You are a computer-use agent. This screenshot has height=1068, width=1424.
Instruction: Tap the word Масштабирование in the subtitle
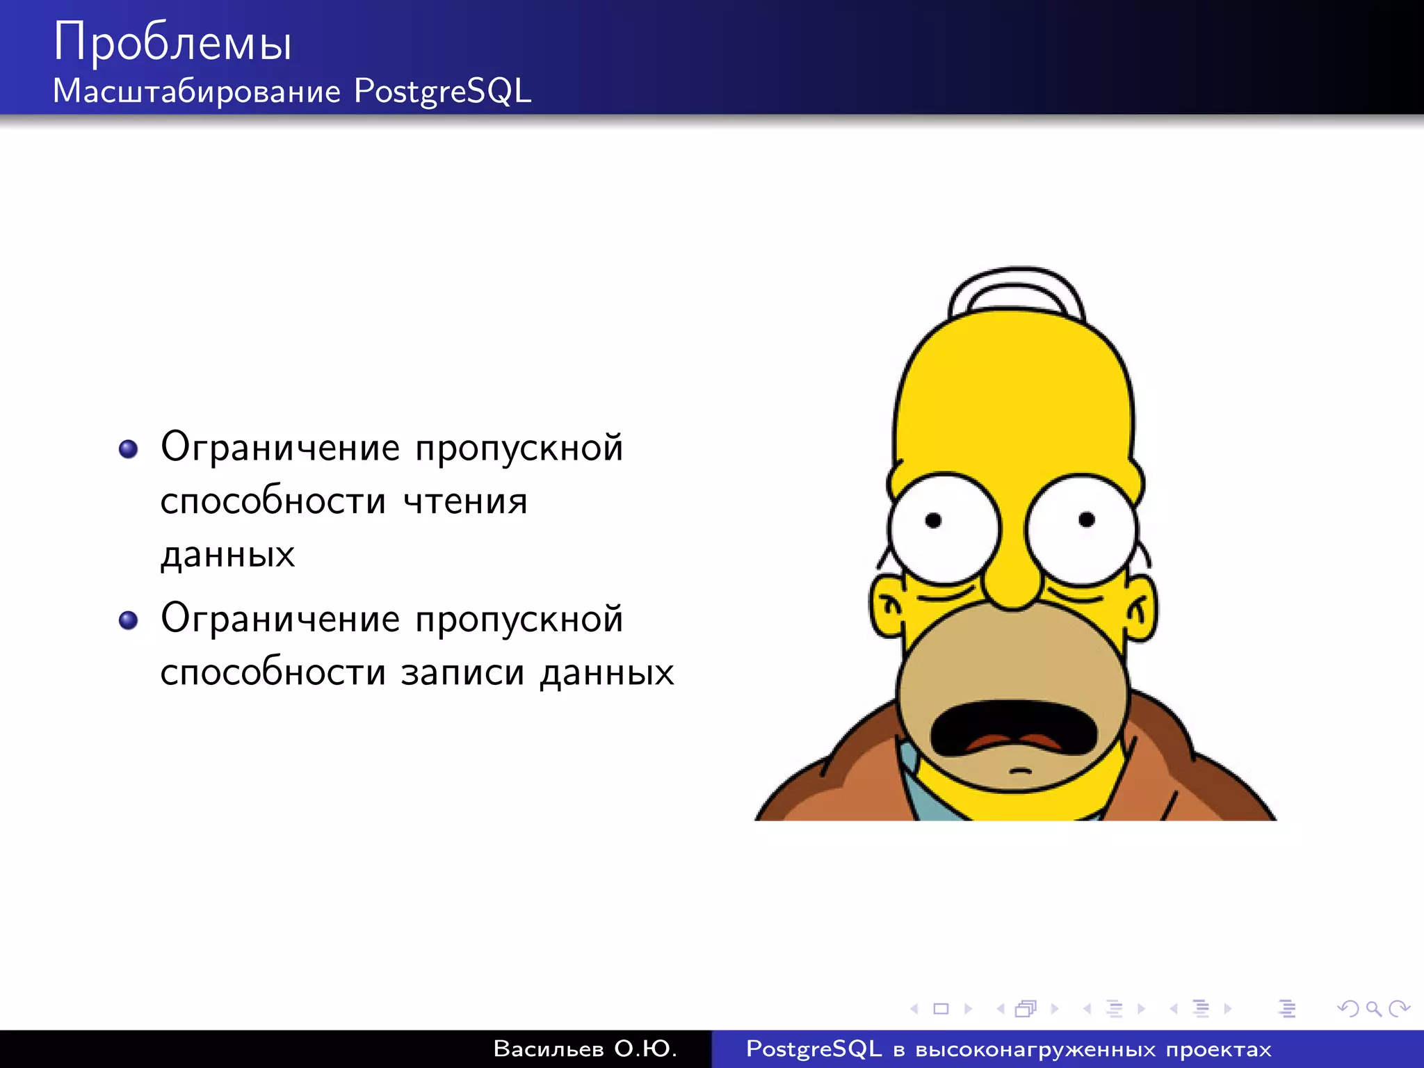click(197, 91)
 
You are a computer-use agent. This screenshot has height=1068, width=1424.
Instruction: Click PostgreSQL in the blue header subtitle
click(443, 91)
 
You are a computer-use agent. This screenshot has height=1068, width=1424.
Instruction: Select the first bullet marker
click(128, 448)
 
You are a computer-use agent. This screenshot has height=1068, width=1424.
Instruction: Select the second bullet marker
click(128, 620)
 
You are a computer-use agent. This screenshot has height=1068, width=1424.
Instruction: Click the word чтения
click(465, 501)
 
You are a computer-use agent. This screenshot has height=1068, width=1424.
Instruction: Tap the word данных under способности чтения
click(227, 555)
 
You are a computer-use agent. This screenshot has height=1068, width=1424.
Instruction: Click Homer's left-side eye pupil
click(933, 520)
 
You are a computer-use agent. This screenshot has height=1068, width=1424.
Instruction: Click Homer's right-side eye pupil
click(1087, 519)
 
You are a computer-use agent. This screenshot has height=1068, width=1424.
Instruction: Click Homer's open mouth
click(1015, 727)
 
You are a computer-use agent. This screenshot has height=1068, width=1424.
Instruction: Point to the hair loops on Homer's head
click(1017, 289)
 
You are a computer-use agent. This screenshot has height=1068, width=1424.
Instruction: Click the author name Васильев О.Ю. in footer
click(584, 1049)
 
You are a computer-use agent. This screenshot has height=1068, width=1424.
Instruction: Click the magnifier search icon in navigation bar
click(1373, 1008)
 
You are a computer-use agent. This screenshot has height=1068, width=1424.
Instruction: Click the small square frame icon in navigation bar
click(941, 1008)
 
